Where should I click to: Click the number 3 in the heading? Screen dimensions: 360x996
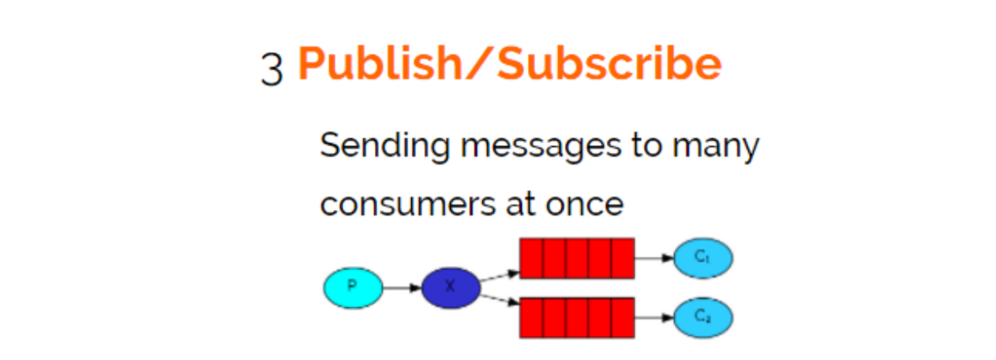coord(271,69)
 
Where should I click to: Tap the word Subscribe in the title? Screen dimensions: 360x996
coord(608,64)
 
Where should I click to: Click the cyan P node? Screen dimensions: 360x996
coord(353,287)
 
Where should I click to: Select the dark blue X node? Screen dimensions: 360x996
coord(450,287)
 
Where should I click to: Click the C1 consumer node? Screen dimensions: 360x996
coord(702,258)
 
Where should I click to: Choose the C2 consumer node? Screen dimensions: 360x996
coord(702,317)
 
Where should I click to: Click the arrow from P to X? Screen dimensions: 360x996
coord(402,287)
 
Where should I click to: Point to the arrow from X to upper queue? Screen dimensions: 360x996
coord(500,276)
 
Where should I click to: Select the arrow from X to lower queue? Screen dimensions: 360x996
coord(500,300)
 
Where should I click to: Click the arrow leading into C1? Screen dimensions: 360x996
coord(653,258)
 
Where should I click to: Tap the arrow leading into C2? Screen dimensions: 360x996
coord(653,317)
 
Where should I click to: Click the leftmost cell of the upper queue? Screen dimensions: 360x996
coord(531,258)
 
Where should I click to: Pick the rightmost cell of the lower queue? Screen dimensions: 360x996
coord(623,317)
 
